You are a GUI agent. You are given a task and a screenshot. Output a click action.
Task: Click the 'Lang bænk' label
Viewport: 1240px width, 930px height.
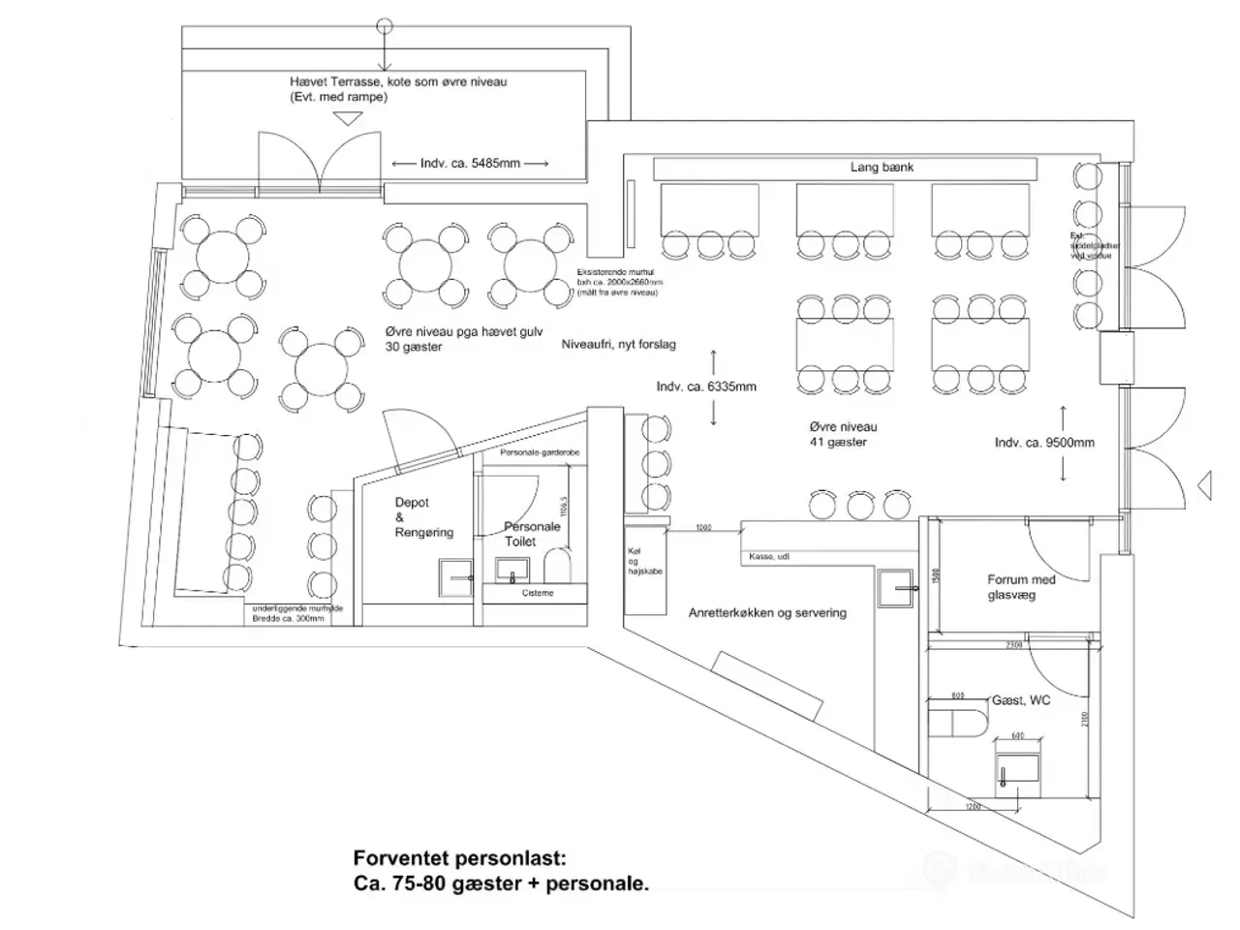coord(882,168)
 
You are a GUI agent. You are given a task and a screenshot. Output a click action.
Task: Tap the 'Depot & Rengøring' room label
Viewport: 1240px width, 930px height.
coord(423,517)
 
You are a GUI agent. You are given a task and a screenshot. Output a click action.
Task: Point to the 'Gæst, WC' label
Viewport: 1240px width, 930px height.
coord(1020,699)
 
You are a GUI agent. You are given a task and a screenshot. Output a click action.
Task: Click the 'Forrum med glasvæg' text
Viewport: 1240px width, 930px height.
coord(1021,587)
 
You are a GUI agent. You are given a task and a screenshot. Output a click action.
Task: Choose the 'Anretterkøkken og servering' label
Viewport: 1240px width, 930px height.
coord(767,612)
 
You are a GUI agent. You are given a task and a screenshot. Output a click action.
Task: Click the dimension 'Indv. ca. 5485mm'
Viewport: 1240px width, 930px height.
coord(470,164)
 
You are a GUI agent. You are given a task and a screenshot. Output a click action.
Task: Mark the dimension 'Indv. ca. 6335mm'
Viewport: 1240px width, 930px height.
coord(706,387)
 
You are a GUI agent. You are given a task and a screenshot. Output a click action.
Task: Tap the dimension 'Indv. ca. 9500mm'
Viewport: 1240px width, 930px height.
coord(1044,443)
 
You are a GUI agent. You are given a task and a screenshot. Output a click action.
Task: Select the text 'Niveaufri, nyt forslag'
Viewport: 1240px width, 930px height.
coord(619,344)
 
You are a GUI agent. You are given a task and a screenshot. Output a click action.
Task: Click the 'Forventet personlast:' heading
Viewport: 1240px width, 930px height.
coord(458,858)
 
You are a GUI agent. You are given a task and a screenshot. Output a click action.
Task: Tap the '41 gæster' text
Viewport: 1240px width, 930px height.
coord(838,442)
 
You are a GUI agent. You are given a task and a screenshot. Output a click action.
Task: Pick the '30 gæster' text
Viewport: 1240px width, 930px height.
coord(414,347)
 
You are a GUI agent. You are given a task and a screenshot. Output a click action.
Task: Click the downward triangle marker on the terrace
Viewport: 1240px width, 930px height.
coord(347,118)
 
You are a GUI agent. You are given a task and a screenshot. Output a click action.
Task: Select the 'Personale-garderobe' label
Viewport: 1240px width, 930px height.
coord(540,453)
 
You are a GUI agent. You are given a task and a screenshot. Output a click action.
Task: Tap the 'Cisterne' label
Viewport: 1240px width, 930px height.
coord(538,593)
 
